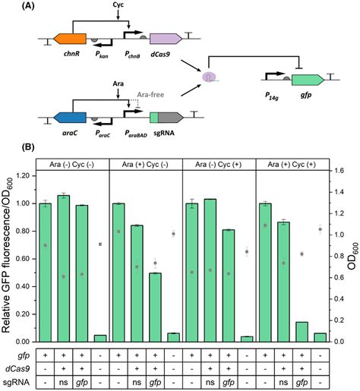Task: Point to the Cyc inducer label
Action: (118, 7)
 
